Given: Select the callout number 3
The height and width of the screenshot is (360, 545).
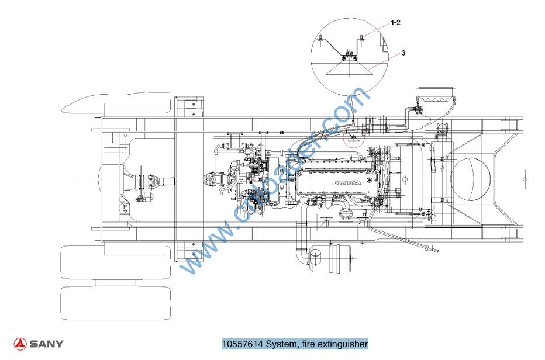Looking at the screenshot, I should (403, 53).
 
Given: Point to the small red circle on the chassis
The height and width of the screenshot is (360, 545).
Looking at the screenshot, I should (352, 138).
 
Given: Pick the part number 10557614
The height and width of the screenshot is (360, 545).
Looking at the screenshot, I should (243, 344).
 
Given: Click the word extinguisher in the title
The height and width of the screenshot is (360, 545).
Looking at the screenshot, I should (341, 344).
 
